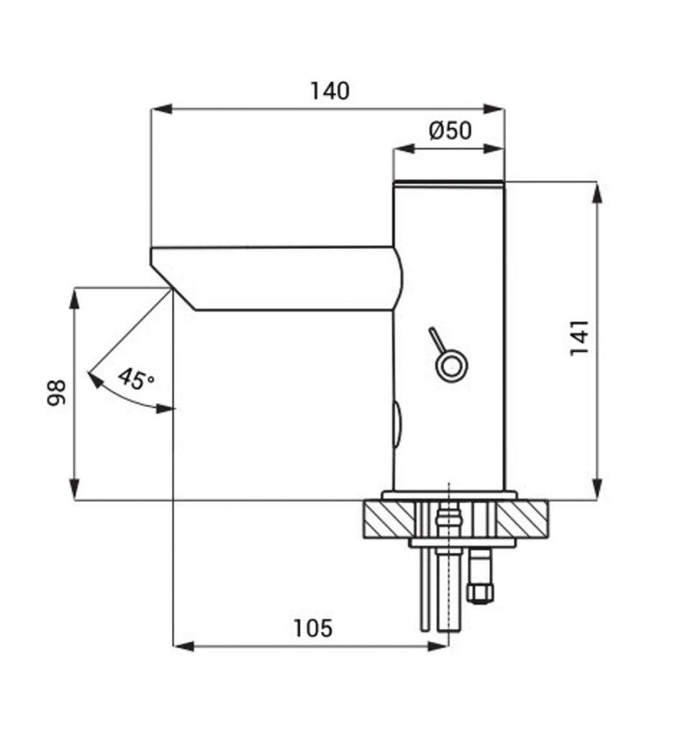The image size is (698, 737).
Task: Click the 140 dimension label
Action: coord(330,91)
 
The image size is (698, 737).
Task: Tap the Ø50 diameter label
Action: coord(450,131)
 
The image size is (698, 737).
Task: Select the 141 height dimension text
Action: coord(579,338)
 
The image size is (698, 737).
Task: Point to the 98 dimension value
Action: coord(56,392)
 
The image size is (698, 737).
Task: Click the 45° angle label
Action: coord(136,379)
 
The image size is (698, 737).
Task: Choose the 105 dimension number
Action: coord(312,628)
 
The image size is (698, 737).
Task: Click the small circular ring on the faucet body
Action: coord(450,366)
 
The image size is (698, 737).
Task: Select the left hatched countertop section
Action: coord(389,519)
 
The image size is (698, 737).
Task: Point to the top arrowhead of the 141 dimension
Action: coord(597,192)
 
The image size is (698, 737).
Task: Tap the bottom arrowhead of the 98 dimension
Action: coord(74,489)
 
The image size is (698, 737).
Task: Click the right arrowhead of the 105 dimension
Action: coord(438,647)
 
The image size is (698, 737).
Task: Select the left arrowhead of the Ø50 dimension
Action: coord(403,149)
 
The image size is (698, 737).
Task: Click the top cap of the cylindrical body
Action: coord(449,184)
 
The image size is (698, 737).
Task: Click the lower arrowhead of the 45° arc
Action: coord(166,408)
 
